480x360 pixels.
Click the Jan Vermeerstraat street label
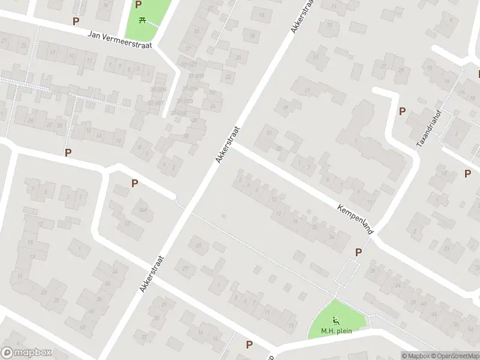pyautogui.click(x=120, y=39)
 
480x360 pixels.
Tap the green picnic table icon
pyautogui.click(x=142, y=20)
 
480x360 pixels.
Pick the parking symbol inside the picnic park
pyautogui.click(x=139, y=5)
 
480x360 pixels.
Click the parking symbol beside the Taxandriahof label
pyautogui.click(x=402, y=111)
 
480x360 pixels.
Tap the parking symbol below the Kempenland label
pyautogui.click(x=359, y=253)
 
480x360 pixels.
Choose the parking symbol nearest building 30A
pyautogui.click(x=135, y=184)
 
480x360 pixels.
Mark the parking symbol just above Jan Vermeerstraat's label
pyautogui.click(x=76, y=21)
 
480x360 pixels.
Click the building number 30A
pyautogui.click(x=143, y=209)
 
